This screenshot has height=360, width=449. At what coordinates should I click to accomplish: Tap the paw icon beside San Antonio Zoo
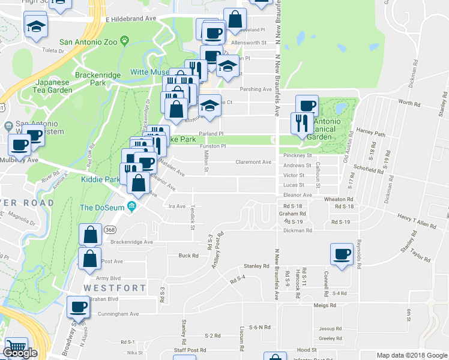(x=124, y=41)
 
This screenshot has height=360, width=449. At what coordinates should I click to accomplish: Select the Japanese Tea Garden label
(x=46, y=86)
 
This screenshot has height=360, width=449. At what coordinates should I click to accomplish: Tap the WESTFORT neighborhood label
(x=115, y=288)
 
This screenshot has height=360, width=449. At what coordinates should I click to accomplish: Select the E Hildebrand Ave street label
(x=130, y=19)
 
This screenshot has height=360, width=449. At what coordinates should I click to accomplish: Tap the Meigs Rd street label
(x=324, y=305)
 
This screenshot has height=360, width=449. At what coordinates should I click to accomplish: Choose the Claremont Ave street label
(x=253, y=162)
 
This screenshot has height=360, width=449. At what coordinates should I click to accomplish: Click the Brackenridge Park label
(x=98, y=79)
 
